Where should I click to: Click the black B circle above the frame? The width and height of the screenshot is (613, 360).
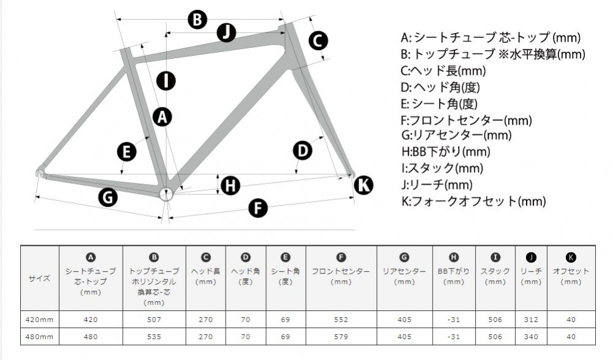pos(197,19)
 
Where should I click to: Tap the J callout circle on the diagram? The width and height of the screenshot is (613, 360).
pos(226,33)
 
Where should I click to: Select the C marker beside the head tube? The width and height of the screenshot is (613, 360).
pos(318,40)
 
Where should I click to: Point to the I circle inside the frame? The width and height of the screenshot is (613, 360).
pos(166,81)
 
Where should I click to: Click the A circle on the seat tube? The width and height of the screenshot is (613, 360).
pos(162,117)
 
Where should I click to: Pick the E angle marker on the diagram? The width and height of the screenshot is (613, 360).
pos(127,152)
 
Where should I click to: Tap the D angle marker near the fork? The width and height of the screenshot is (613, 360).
pos(303,151)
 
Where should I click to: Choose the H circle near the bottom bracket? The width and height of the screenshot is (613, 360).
pos(230,185)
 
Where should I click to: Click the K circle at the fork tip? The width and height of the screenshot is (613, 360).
pos(364,185)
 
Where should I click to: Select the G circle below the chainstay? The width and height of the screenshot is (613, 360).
pos(108,197)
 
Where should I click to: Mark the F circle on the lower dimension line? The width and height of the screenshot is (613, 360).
pos(258,208)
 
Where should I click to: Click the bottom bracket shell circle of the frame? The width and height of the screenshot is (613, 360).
pos(166,194)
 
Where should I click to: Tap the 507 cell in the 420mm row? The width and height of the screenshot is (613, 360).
pos(154,320)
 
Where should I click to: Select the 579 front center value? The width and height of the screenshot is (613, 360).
pos(341,337)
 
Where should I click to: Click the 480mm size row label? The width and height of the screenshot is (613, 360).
pos(39,337)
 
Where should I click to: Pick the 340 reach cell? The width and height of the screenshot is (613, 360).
pos(531,337)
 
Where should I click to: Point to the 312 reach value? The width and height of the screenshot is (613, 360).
pos(531,320)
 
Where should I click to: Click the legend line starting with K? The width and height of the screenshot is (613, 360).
pos(473,201)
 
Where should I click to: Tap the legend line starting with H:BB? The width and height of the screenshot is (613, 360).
pos(446,151)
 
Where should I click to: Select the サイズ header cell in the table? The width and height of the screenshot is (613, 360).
pos(39,278)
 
